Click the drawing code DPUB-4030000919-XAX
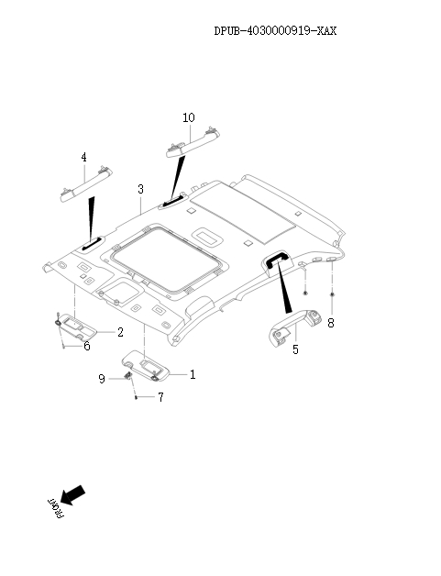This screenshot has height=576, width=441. pyautogui.click(x=275, y=31)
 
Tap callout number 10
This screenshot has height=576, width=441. pyautogui.click(x=189, y=117)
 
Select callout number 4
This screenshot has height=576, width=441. pyautogui.click(x=83, y=158)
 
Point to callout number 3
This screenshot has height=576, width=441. pyautogui.click(x=140, y=189)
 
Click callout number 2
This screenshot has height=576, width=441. pyautogui.click(x=120, y=332)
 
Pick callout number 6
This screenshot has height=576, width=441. pyautogui.click(x=87, y=346)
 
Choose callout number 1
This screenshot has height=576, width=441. pyautogui.click(x=193, y=375)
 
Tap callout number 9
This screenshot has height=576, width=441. pyautogui.click(x=102, y=379)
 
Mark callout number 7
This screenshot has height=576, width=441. pyautogui.click(x=160, y=397)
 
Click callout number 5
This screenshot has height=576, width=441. pyautogui.click(x=295, y=349)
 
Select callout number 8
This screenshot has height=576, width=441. pyautogui.click(x=331, y=323)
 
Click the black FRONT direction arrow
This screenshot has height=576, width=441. pyautogui.click(x=73, y=494)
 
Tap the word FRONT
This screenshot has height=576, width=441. pyautogui.click(x=55, y=508)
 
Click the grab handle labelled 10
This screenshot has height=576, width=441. pyautogui.click(x=193, y=142)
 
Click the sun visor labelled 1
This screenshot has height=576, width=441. pyautogui.click(x=146, y=366)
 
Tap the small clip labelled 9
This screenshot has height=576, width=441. pyautogui.click(x=128, y=376)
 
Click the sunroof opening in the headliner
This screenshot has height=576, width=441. pyautogui.click(x=167, y=257)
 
